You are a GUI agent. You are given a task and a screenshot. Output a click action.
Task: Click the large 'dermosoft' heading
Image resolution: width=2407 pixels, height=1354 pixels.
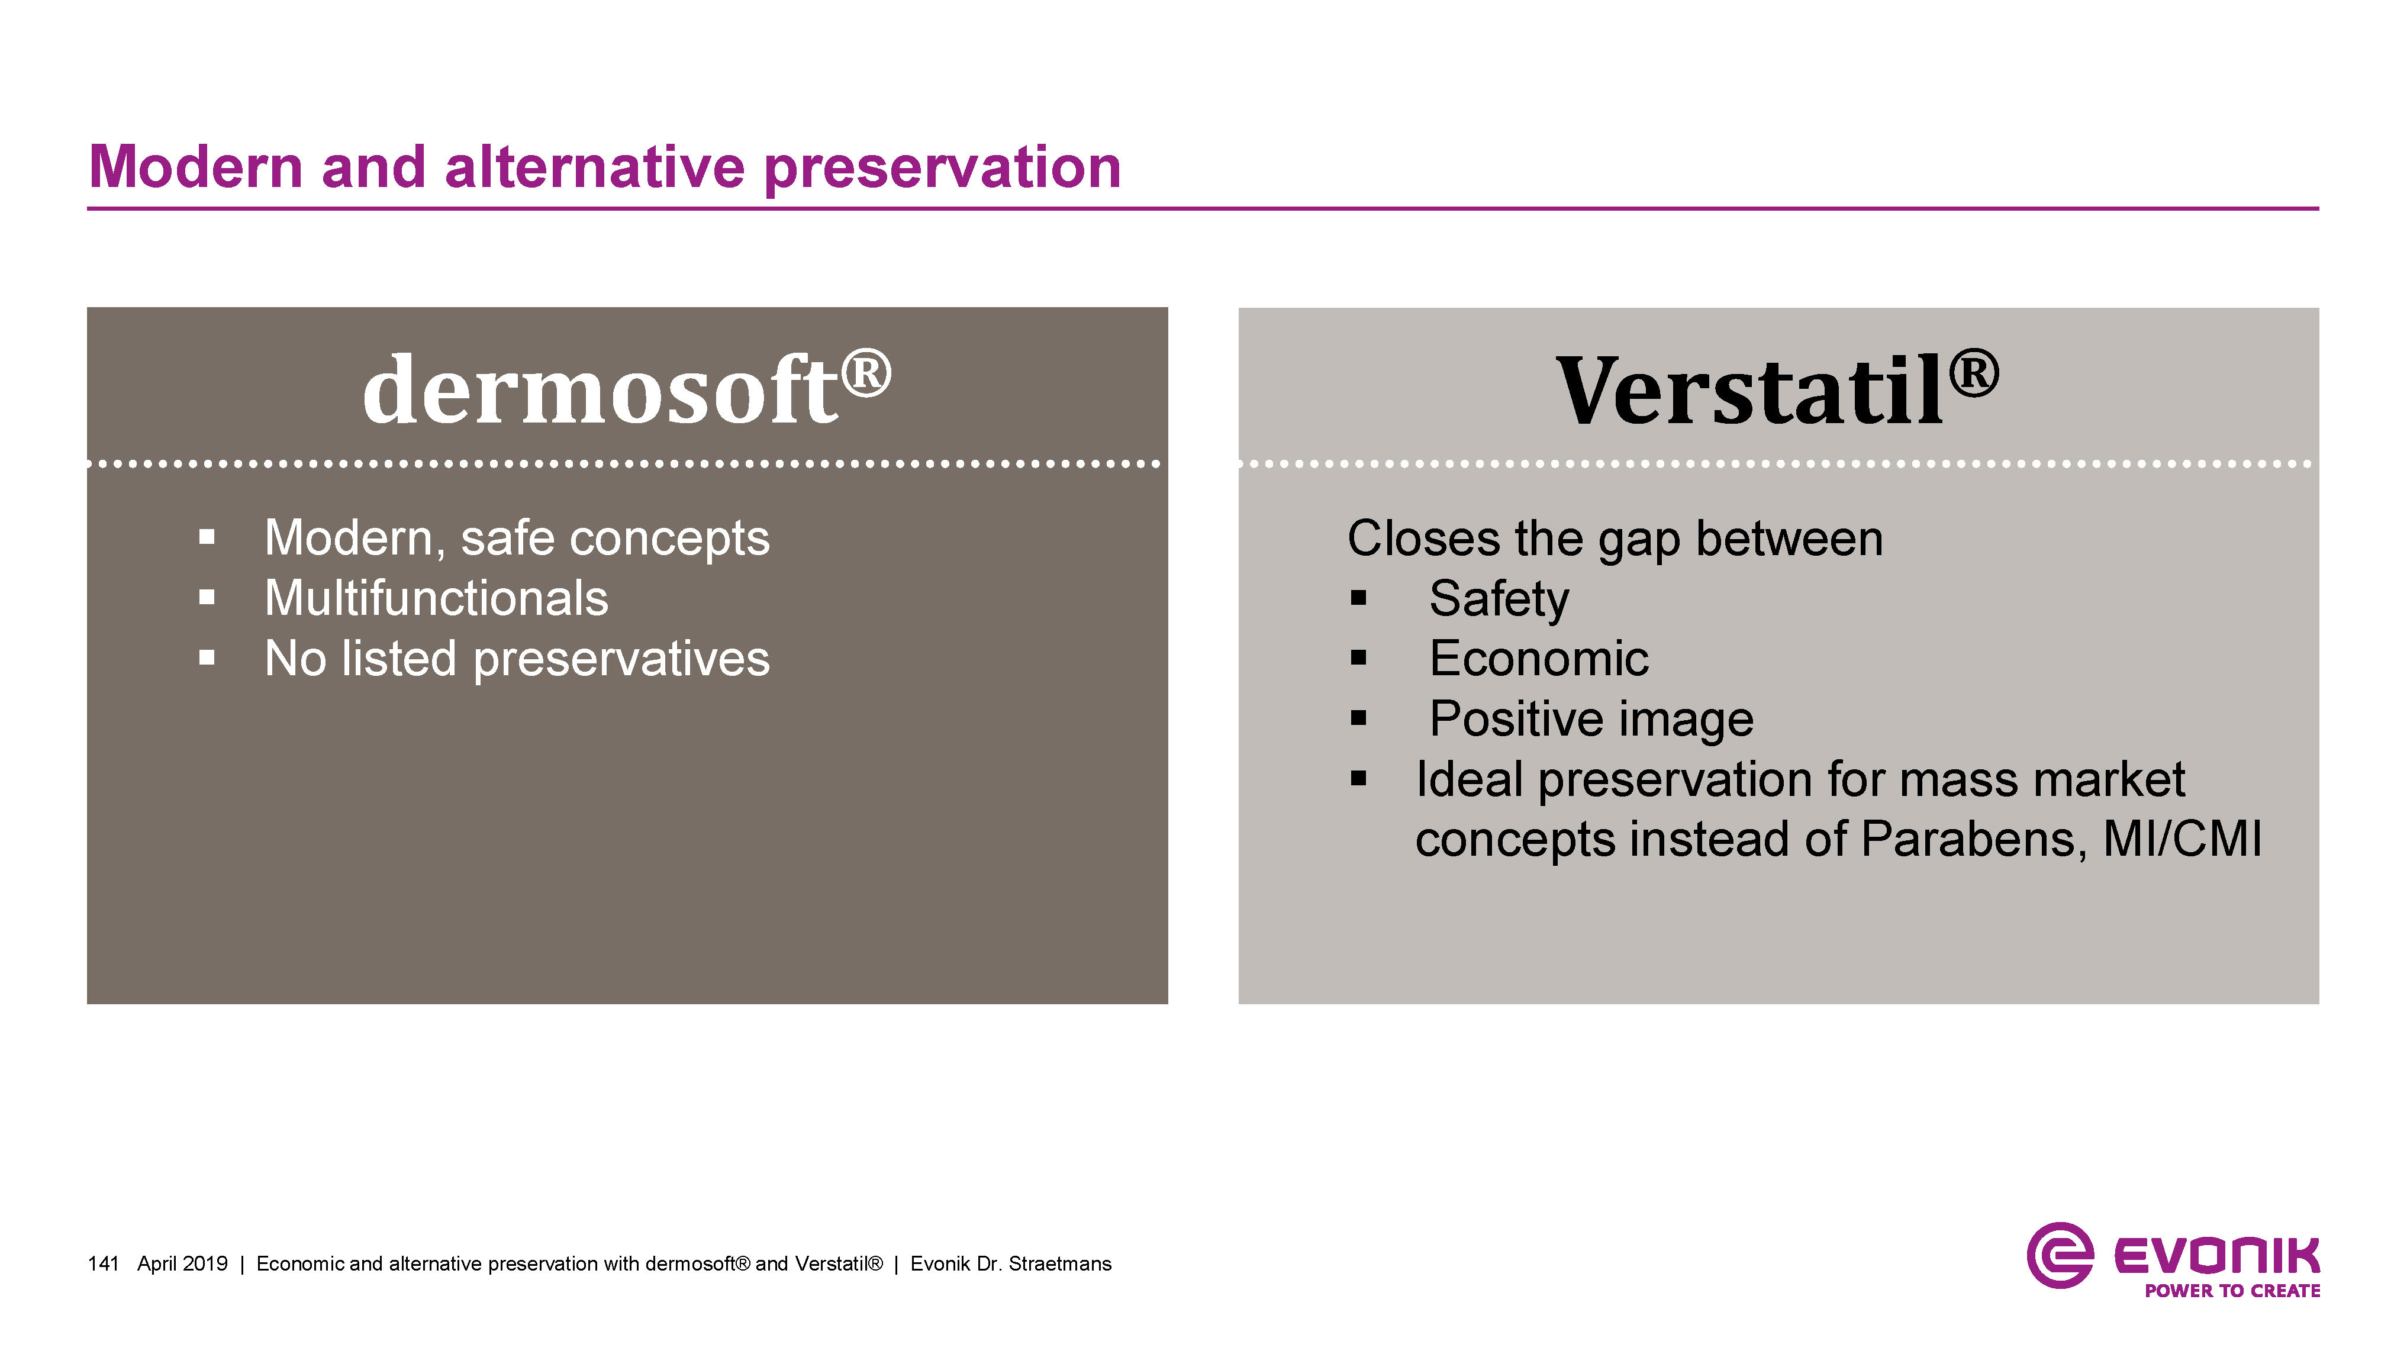600,389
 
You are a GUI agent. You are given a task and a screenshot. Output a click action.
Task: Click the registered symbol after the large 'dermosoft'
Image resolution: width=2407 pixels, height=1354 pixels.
866,373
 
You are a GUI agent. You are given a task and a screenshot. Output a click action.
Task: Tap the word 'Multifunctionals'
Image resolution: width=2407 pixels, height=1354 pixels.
436,598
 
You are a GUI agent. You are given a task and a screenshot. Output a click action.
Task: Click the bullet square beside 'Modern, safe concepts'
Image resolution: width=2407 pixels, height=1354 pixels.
207,537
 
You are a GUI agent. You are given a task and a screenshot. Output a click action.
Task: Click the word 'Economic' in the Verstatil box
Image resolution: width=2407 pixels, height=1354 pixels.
1539,658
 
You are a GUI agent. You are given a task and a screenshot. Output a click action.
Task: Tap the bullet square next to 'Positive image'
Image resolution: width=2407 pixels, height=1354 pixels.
1359,718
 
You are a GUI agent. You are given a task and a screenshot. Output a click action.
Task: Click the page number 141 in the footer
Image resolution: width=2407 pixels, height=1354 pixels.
104,1263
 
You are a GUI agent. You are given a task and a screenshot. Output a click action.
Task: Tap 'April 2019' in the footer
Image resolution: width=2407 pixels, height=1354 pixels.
182,1264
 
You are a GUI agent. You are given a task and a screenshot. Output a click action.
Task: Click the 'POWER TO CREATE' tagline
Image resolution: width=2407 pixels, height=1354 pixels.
2232,1291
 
